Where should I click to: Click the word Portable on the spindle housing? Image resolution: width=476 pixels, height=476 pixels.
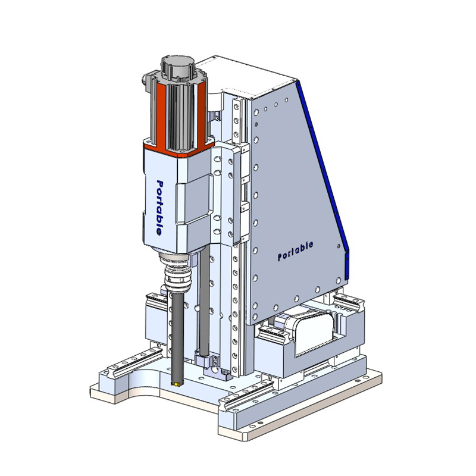click(159, 207)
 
